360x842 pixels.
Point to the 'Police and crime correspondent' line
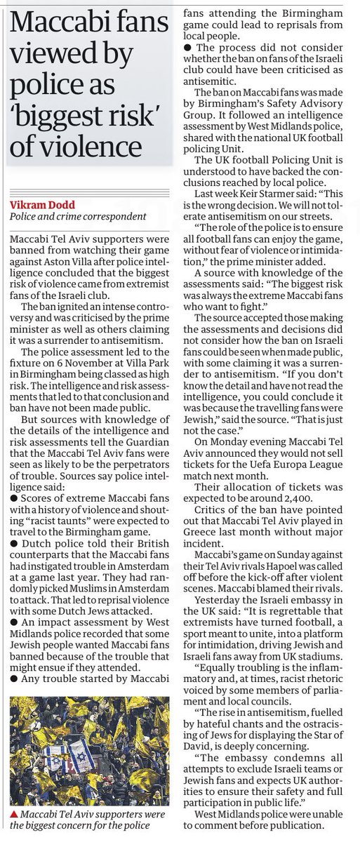[x=78, y=217]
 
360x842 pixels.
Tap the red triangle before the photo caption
[x=15, y=815]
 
